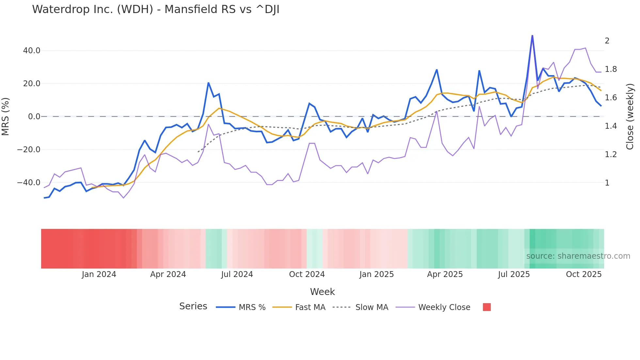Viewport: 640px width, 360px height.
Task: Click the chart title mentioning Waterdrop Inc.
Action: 155,9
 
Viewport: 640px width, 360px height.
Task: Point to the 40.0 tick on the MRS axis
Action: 32,51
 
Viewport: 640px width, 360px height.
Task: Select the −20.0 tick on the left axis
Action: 29,150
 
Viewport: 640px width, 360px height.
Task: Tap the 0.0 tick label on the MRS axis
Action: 34,117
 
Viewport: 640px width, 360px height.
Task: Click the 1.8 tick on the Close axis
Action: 611,69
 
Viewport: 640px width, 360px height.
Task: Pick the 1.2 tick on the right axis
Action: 611,155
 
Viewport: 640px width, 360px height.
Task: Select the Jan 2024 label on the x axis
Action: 99,274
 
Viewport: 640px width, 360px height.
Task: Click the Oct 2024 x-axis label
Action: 307,274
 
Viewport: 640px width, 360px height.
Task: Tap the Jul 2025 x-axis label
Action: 514,274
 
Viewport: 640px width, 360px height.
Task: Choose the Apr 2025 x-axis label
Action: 445,274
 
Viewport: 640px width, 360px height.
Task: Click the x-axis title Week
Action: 322,292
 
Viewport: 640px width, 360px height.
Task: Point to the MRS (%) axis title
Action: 6,117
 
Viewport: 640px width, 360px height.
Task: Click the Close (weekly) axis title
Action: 630,117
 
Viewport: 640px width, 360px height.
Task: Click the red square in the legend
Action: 487,307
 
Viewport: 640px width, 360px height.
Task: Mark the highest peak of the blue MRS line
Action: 532,36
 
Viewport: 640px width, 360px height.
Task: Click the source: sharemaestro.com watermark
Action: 578,256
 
